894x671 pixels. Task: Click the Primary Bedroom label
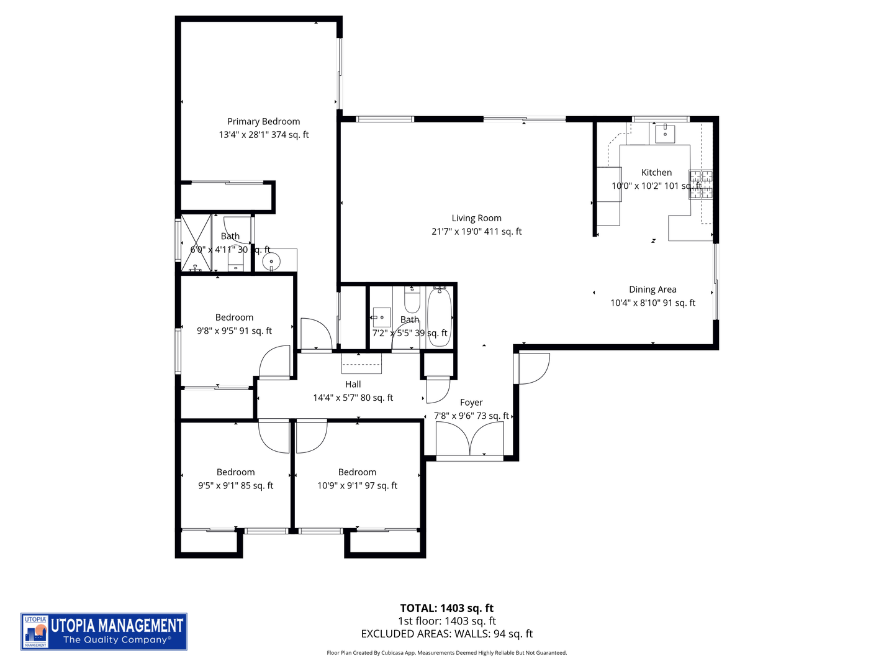point(263,122)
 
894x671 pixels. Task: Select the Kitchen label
point(656,173)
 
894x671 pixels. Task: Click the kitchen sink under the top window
point(665,133)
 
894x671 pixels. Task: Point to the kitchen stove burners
point(700,185)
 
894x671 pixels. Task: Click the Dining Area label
point(652,290)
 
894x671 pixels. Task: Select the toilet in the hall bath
point(412,300)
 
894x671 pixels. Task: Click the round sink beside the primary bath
point(271,262)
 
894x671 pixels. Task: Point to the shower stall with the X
point(196,243)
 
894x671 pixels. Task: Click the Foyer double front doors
point(470,440)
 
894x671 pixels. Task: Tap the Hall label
point(353,385)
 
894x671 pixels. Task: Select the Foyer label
point(471,403)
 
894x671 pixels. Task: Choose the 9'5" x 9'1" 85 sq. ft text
point(235,486)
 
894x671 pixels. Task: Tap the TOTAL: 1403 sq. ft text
point(446,608)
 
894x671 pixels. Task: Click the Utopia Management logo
point(104,631)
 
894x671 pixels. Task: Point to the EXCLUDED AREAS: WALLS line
point(446,634)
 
